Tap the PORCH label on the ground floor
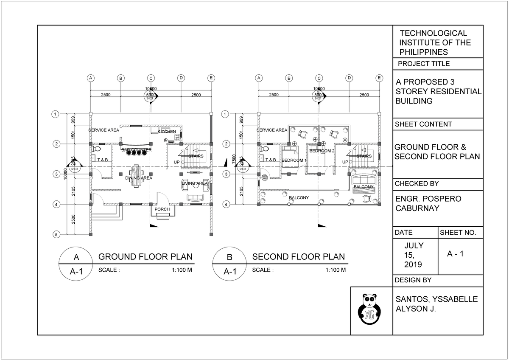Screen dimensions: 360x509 pos(162,209)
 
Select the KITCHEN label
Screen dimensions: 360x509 pos(167,132)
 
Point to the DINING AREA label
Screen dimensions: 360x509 pos(138,178)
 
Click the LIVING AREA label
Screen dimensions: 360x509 pos(195,183)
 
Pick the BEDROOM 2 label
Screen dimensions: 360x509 pos(322,151)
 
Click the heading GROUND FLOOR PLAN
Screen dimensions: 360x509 pos(145,257)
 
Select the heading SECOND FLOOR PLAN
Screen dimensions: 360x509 pos(298,257)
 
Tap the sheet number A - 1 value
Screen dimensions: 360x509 pos(456,254)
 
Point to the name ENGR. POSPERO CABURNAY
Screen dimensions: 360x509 pos(428,203)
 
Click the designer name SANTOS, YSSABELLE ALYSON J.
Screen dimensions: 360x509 pos(436,304)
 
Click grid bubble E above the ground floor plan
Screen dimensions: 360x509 pos(211,78)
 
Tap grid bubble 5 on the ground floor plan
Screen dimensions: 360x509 pos(55,234)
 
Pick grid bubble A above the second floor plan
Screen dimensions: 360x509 pos(259,78)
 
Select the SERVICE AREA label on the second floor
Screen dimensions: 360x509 pos(272,130)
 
